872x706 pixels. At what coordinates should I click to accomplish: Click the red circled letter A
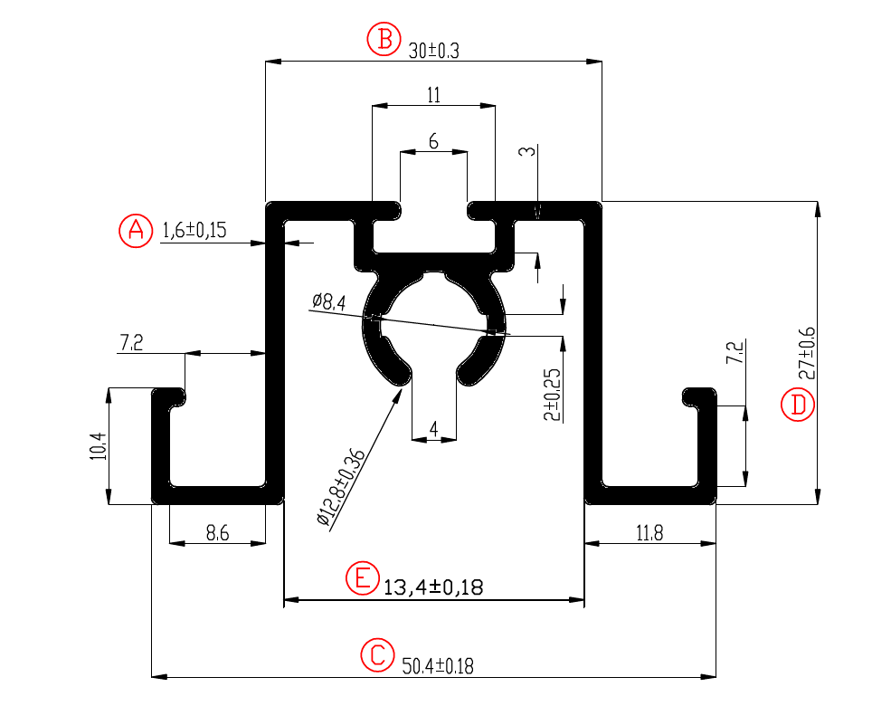(136, 230)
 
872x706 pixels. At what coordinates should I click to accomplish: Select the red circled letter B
(384, 39)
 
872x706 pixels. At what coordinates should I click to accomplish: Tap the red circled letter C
(377, 654)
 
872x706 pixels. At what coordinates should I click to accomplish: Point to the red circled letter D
(798, 405)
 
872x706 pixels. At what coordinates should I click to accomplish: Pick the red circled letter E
(363, 578)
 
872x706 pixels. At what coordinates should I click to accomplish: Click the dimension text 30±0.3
(434, 52)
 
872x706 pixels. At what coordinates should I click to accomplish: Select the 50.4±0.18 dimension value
(438, 666)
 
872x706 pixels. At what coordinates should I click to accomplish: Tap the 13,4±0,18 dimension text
(433, 587)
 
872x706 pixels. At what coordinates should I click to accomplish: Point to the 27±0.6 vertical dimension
(806, 353)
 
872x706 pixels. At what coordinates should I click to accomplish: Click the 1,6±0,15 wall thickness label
(194, 230)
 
